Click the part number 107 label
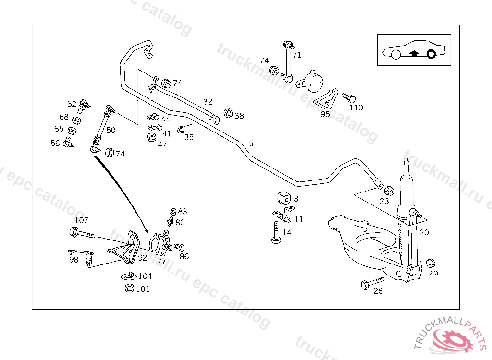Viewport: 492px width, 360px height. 82,220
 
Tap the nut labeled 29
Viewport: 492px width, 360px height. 431,263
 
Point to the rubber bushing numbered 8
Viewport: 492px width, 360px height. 283,198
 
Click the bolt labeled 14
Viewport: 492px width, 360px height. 276,234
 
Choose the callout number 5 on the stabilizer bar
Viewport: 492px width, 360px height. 251,143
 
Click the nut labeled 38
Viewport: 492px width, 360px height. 228,114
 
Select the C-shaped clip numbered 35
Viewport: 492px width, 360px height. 181,129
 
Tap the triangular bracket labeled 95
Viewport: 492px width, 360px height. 328,99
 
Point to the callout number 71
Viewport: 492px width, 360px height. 297,55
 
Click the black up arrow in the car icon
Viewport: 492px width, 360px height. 414,53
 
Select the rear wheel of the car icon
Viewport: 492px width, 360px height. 431,54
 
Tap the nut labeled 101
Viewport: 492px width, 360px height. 129,288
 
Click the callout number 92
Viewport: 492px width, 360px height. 143,257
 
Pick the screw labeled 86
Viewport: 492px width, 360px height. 179,247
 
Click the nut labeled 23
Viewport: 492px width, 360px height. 390,191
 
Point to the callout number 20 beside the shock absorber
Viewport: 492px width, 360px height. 424,232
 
